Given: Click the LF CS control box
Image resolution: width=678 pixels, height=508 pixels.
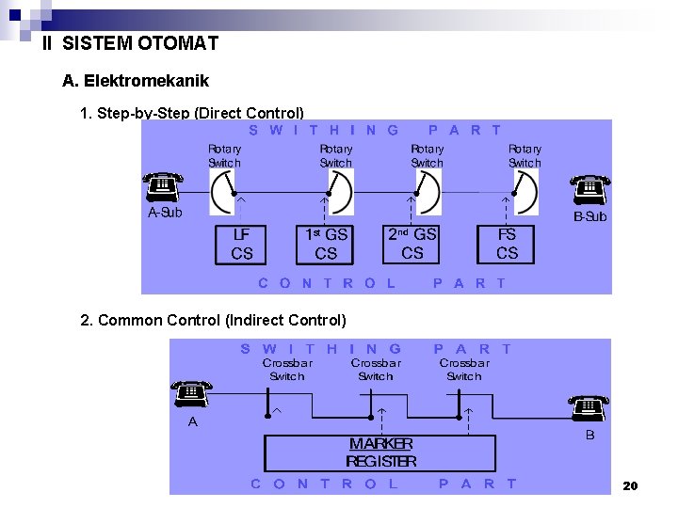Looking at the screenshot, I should (x=242, y=244).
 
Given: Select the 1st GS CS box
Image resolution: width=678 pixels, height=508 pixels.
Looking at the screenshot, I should (x=326, y=244).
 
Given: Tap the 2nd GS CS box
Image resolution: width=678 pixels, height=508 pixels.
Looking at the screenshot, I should (x=412, y=244).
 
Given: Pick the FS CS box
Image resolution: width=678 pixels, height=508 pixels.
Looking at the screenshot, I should (x=507, y=244).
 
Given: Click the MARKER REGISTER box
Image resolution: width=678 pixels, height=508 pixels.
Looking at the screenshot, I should (x=380, y=452).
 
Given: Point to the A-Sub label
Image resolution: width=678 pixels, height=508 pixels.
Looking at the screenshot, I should (x=165, y=213).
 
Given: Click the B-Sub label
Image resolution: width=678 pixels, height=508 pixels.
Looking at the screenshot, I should (x=590, y=216).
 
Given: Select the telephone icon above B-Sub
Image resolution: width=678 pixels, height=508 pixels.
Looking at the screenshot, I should (x=589, y=189).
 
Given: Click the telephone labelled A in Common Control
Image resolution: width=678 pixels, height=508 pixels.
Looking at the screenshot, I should (x=191, y=393).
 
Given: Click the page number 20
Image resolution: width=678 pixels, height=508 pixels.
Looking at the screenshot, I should (x=630, y=485).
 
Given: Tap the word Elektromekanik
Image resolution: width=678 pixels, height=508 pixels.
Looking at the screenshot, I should (x=147, y=81).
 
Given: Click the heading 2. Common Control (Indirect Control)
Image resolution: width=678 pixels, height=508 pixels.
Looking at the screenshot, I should (x=214, y=320).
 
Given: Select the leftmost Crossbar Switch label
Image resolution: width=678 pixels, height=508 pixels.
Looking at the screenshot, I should (x=287, y=369).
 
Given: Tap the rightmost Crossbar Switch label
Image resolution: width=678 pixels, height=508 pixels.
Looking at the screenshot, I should (x=464, y=369).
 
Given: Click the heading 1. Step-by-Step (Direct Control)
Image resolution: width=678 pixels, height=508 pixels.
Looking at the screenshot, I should (x=193, y=114).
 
